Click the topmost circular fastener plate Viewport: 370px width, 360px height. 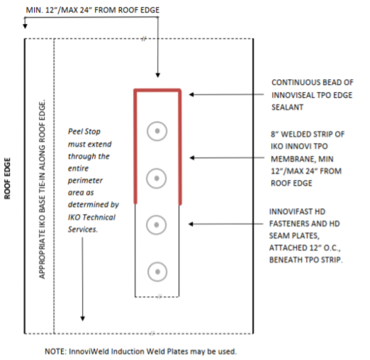pyautogui.click(x=157, y=131)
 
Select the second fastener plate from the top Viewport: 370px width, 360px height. pyautogui.click(x=157, y=177)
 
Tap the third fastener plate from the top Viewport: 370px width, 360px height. pyautogui.click(x=157, y=226)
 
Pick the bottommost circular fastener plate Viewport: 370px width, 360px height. pyautogui.click(x=157, y=272)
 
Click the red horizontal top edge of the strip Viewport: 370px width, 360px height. pyautogui.click(x=157, y=91)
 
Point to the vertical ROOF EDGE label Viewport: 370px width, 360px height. pyautogui.click(x=8, y=179)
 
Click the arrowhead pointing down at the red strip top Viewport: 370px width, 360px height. pyautogui.click(x=157, y=75)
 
